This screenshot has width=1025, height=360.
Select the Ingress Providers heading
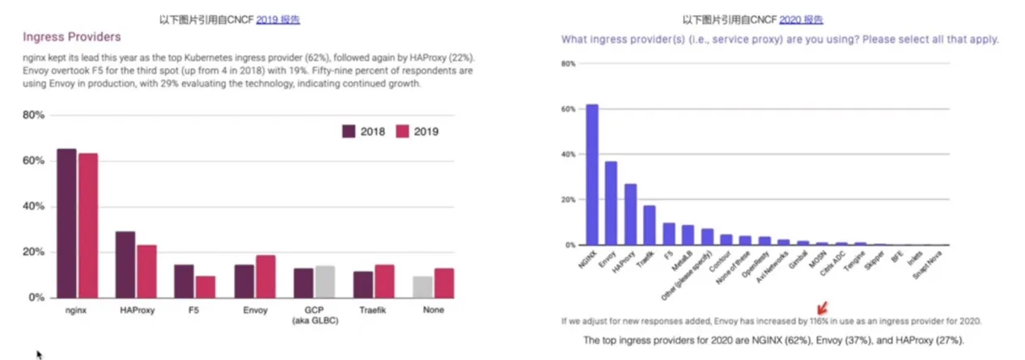point(71,37)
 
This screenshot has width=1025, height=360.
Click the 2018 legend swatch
point(349,132)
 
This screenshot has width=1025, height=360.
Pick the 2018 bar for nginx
point(67,223)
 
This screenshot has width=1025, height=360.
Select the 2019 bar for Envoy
point(265,277)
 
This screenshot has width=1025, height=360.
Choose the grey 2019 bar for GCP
point(324,282)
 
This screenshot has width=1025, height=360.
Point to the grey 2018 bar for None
point(422,287)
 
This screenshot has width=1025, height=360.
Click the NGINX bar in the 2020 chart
point(592,174)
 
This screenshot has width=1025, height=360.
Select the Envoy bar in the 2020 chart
point(611,203)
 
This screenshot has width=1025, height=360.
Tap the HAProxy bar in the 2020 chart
point(630,214)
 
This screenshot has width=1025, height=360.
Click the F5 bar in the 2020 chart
point(669,234)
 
